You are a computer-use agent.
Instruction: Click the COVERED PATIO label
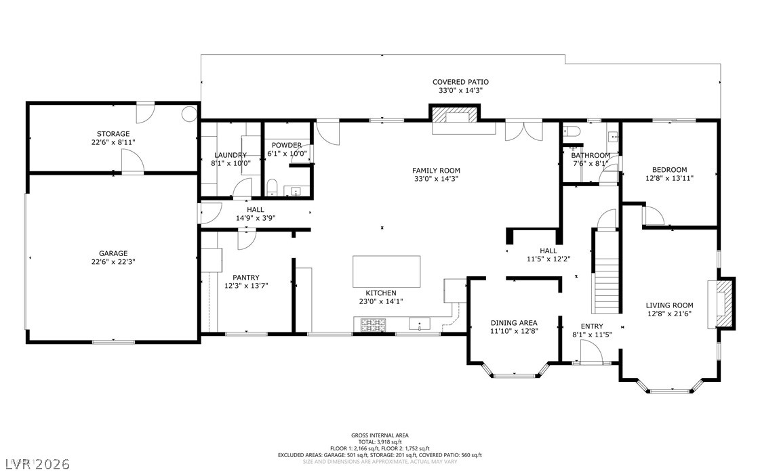click(x=460, y=82)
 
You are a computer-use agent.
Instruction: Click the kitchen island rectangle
click(x=386, y=270)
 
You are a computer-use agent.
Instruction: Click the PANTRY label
click(x=245, y=277)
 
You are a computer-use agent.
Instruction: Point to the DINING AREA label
click(x=514, y=323)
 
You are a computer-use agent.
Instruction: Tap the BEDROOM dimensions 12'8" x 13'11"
click(x=669, y=178)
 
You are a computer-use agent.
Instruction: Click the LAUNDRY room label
click(x=231, y=154)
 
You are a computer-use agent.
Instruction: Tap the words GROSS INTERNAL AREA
click(x=380, y=435)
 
